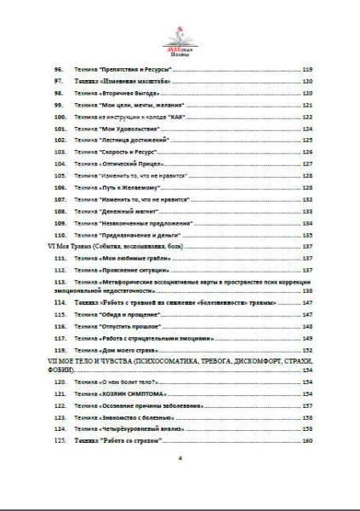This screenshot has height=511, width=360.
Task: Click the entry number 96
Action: coord(60,68)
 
